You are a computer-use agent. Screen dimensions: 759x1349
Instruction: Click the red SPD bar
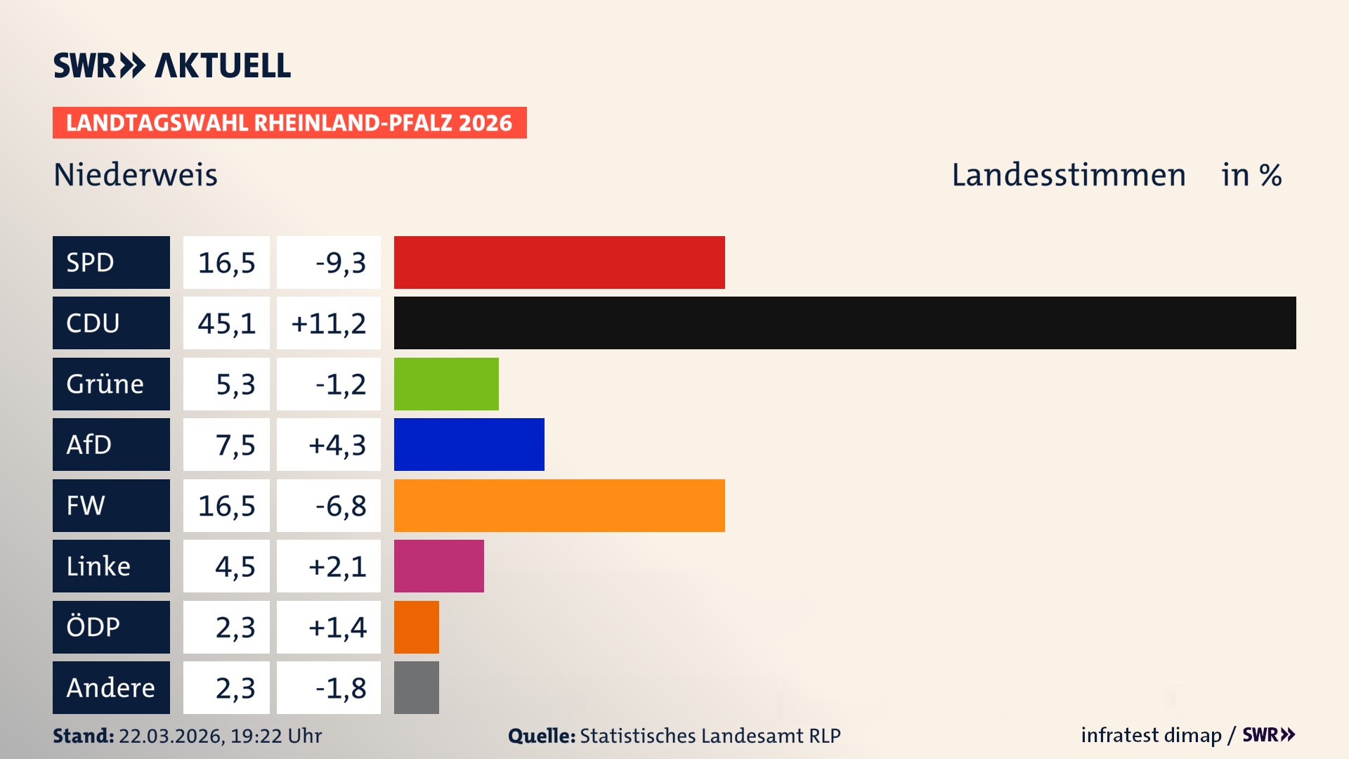point(559,262)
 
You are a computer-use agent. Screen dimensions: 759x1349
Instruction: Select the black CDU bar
point(845,323)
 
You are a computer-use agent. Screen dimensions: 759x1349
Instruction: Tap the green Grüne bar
point(446,384)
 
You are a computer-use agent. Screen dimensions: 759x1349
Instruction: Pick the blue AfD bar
point(469,444)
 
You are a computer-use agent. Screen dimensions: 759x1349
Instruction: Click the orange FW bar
point(559,505)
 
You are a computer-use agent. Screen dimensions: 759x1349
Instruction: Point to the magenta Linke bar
point(438,566)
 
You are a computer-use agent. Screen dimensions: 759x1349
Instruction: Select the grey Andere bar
point(416,687)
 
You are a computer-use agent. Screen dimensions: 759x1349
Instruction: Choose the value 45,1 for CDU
point(226,323)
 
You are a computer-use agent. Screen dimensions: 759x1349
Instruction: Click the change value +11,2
point(328,323)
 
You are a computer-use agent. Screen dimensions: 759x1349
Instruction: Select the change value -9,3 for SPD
point(340,263)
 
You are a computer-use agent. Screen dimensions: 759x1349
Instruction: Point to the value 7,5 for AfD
point(235,445)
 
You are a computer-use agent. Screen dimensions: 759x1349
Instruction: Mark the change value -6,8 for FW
point(340,506)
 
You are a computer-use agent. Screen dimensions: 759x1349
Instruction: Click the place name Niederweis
point(136,175)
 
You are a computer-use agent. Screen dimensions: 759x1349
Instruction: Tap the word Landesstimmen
point(1068,175)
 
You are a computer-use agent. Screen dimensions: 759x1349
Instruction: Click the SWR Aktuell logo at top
point(172,65)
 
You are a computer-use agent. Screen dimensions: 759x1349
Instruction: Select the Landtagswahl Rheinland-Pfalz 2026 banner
point(289,123)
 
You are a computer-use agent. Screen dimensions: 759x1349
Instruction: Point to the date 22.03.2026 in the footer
point(171,736)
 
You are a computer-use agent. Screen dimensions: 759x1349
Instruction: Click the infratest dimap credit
point(1151,735)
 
